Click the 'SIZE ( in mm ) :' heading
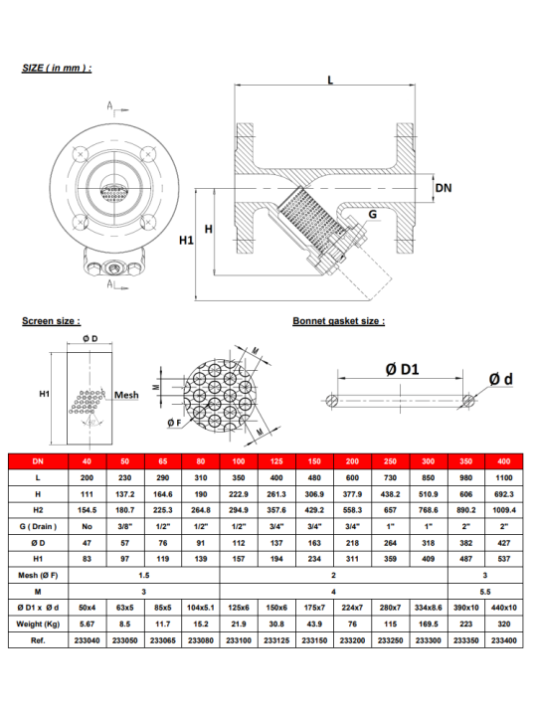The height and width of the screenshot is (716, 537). pyautogui.click(x=57, y=68)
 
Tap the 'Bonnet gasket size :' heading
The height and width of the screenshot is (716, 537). pyautogui.click(x=339, y=321)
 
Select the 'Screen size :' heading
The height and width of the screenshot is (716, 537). pyautogui.click(x=51, y=321)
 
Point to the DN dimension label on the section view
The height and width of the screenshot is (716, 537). pyautogui.click(x=443, y=188)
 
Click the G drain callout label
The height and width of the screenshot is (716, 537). pyautogui.click(x=373, y=214)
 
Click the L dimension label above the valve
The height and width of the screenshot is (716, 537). pyautogui.click(x=330, y=80)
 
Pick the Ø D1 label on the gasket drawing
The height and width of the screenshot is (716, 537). pyautogui.click(x=402, y=369)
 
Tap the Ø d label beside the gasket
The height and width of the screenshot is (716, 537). pyautogui.click(x=501, y=379)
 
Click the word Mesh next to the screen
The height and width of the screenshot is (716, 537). pyautogui.click(x=126, y=395)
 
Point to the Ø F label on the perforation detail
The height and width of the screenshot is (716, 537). pyautogui.click(x=174, y=423)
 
